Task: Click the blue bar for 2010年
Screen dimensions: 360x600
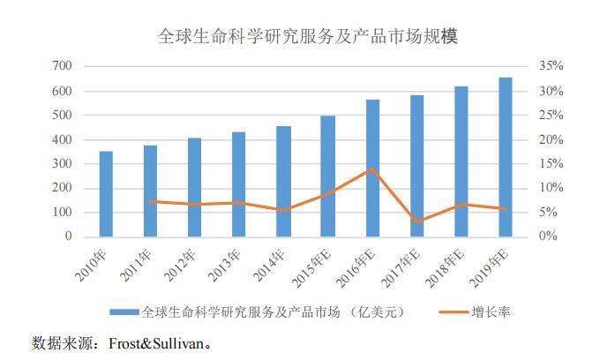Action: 106,194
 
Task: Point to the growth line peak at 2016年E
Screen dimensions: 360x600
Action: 372,169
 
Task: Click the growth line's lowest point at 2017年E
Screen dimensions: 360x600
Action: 416,221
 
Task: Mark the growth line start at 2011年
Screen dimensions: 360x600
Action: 151,201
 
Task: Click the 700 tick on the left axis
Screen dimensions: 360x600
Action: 61,66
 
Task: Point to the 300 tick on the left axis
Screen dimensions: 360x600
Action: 61,164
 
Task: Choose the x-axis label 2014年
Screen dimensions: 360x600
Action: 274,264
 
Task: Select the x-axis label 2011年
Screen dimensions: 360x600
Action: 140,264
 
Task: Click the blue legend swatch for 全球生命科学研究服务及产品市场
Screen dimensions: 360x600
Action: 124,312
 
